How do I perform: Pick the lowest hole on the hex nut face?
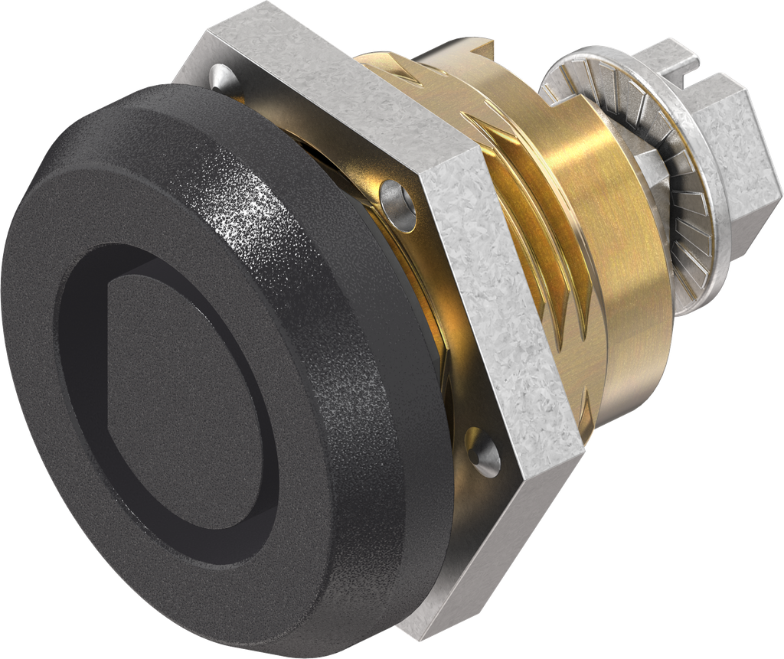tap(483, 452)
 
